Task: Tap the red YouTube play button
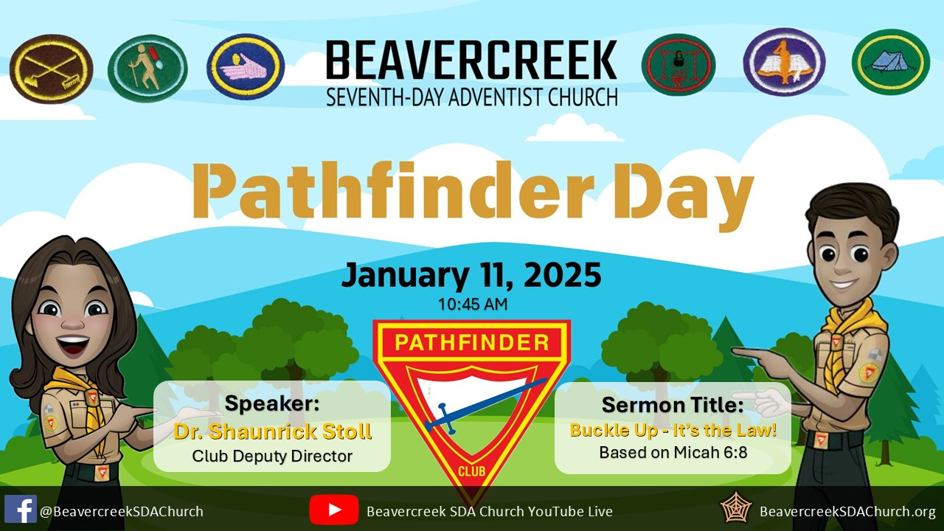point(334,510)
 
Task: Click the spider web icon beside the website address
point(736,507)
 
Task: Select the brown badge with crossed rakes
point(52,69)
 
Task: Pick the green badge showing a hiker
point(147,69)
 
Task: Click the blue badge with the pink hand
point(246,66)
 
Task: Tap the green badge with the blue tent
point(891,62)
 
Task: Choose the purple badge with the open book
point(784,62)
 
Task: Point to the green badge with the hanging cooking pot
point(678,64)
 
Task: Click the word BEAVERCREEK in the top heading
point(471,60)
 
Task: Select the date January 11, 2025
point(471,275)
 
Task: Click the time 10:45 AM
point(473,305)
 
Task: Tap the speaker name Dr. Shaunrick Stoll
point(273,431)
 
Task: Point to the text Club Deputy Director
point(272,456)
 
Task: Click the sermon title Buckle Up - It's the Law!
point(673,430)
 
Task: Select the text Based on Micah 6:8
point(673,452)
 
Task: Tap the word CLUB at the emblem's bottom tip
point(471,471)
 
